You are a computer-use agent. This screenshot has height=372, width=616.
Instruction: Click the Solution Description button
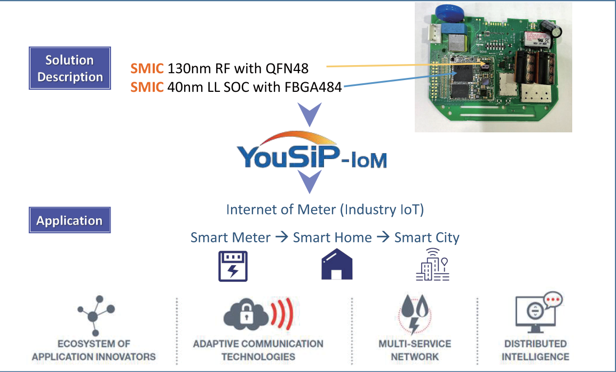coord(70,68)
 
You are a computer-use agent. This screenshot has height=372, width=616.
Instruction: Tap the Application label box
coord(69,220)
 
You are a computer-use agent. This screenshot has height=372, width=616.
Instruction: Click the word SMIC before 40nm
coord(147,86)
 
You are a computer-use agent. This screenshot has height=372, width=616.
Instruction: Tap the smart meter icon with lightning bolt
coord(233,265)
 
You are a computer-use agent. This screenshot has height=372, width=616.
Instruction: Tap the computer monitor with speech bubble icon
coord(535,312)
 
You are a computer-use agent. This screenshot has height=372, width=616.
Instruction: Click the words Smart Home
coord(332,237)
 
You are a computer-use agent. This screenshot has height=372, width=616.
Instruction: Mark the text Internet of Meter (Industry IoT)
coord(325,209)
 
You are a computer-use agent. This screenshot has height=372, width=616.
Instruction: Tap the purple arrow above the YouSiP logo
coord(310,114)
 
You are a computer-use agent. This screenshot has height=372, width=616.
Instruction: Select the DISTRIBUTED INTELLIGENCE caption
coord(535,350)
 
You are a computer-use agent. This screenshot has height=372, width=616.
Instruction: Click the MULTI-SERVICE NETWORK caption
coord(414,350)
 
